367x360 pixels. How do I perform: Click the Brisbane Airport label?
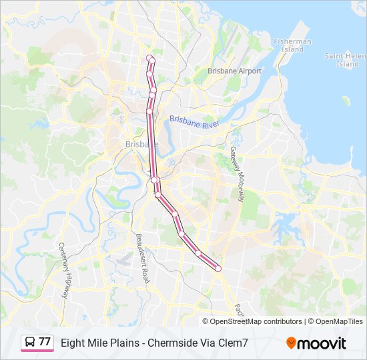point(234,71)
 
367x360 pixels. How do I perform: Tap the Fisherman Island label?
point(292,45)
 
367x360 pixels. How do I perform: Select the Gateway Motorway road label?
point(238,174)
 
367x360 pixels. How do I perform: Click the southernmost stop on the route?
point(218,268)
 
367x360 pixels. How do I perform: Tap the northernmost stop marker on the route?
point(149,58)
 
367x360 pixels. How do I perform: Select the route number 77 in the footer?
point(45,342)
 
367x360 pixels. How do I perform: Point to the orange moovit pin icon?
point(291,343)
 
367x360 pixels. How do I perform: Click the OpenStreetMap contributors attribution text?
point(256,321)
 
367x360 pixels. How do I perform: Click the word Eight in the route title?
point(73,343)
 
